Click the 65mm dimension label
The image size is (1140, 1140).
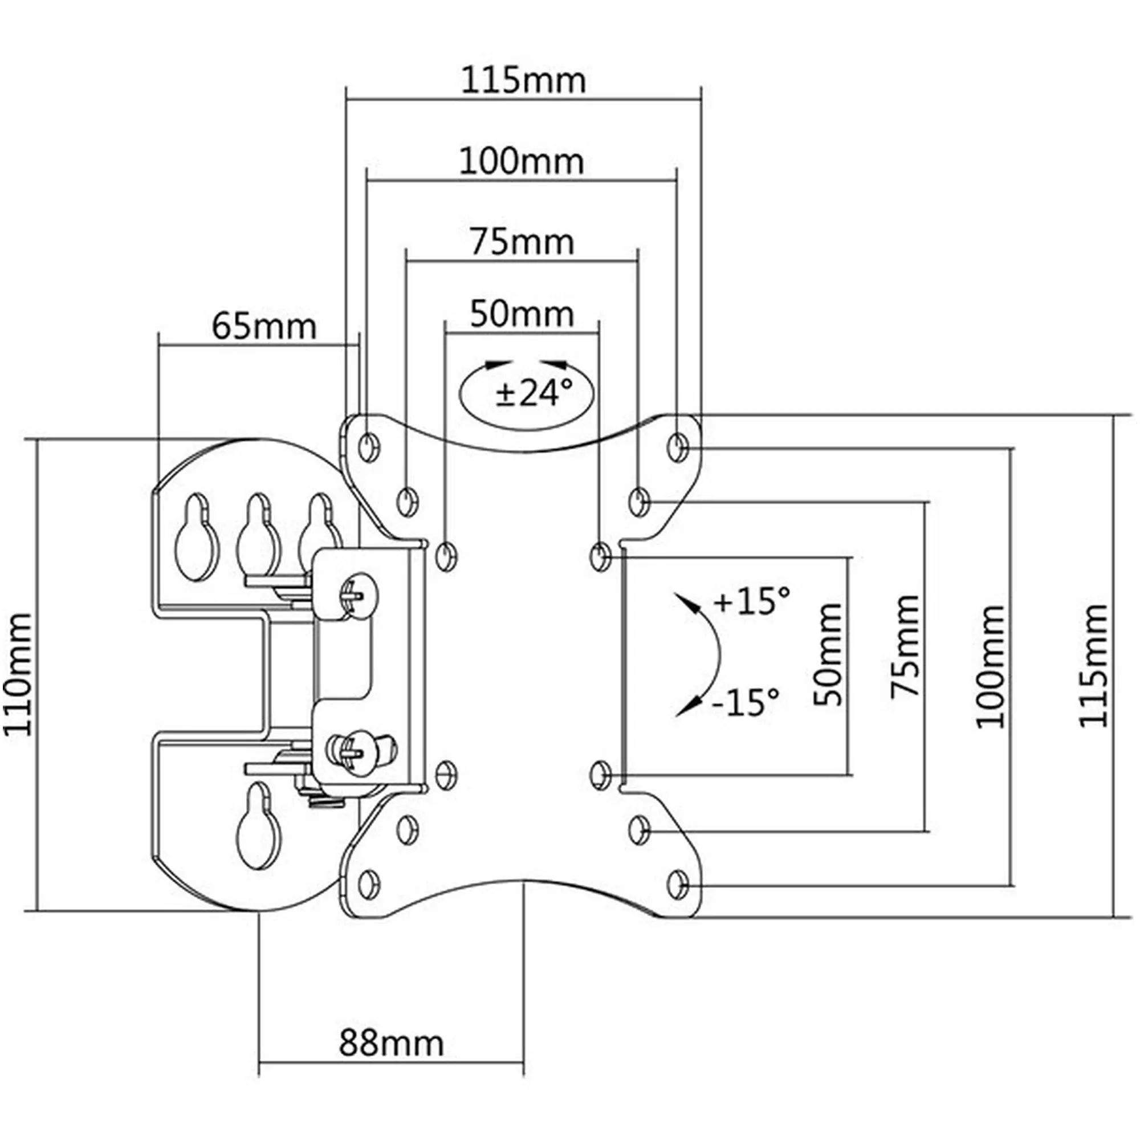pyautogui.click(x=264, y=325)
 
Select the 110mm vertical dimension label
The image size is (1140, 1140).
pyautogui.click(x=18, y=674)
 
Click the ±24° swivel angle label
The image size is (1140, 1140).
pyautogui.click(x=534, y=393)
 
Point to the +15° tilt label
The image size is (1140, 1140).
pyautogui.click(x=751, y=602)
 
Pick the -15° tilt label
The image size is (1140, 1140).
pyautogui.click(x=745, y=702)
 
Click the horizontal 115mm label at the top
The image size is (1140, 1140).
pyautogui.click(x=523, y=80)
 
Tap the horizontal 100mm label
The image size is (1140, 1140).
pyautogui.click(x=522, y=161)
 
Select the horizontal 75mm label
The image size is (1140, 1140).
pyautogui.click(x=522, y=242)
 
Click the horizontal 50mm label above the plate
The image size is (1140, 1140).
pyautogui.click(x=522, y=314)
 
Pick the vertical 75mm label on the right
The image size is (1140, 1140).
pyautogui.click(x=905, y=648)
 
